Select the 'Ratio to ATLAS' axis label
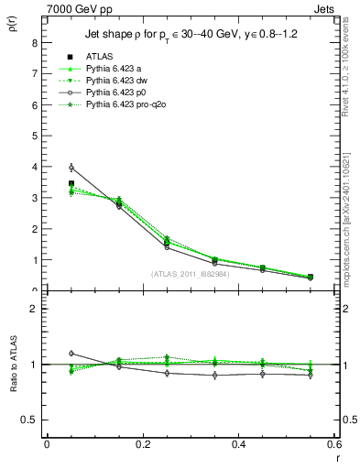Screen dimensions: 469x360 (x=13, y=364)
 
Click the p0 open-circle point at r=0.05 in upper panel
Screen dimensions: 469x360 (x=71, y=168)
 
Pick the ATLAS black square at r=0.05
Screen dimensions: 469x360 (x=71, y=183)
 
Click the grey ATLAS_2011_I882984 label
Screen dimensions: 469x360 (x=189, y=273)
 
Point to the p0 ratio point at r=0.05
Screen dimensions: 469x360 (x=71, y=353)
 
